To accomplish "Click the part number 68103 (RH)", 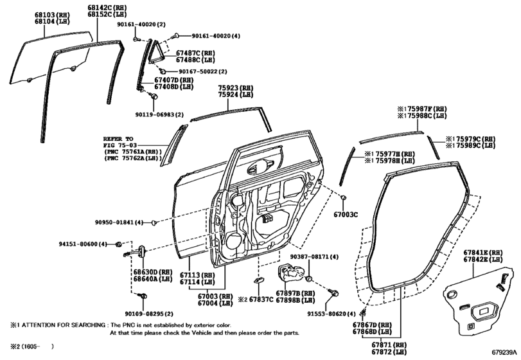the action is (52, 15).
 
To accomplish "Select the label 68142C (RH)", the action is (107, 7).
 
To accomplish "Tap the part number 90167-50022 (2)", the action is (203, 71).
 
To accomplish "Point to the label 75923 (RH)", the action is (236, 88).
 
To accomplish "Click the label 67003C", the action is (346, 215).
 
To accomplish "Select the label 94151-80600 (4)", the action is (83, 244).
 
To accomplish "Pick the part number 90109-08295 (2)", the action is (149, 314).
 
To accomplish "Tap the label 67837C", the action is (261, 300).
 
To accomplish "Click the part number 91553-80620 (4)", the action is (331, 314).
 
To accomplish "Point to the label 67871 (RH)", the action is (389, 345).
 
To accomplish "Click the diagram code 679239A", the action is (505, 352).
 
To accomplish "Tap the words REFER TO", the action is (118, 139).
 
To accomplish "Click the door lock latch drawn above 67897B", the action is (290, 274).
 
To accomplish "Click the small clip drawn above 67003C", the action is (344, 197).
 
